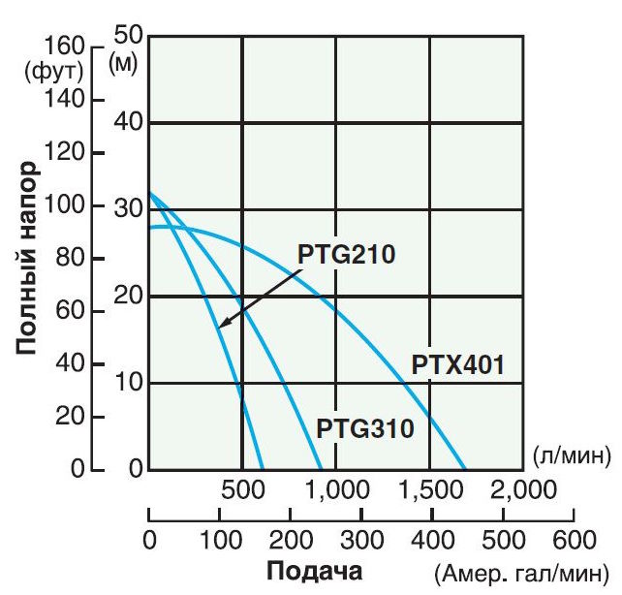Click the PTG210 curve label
pos(347,257)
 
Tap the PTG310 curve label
pos(365,426)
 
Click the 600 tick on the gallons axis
pos(571,538)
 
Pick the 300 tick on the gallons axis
pos(359,538)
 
